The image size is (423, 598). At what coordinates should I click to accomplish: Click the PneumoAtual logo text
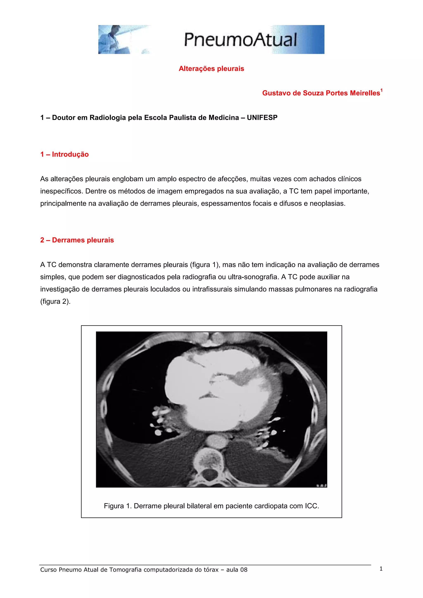pyautogui.click(x=240, y=40)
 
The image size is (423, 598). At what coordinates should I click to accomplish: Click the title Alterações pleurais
pyautogui.click(x=211, y=69)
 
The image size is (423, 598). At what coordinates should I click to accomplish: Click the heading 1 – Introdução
pyautogui.click(x=64, y=154)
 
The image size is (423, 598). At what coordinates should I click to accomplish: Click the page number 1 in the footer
pyautogui.click(x=381, y=569)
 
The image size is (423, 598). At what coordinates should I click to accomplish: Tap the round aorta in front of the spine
pyautogui.click(x=215, y=441)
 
